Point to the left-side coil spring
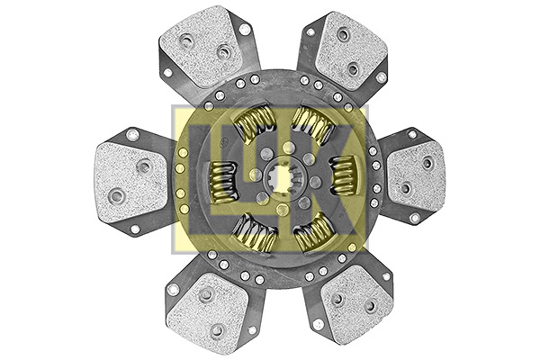point(221,180)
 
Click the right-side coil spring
point(342,174)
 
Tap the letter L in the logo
point(207,175)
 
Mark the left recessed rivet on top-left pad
point(187,40)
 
